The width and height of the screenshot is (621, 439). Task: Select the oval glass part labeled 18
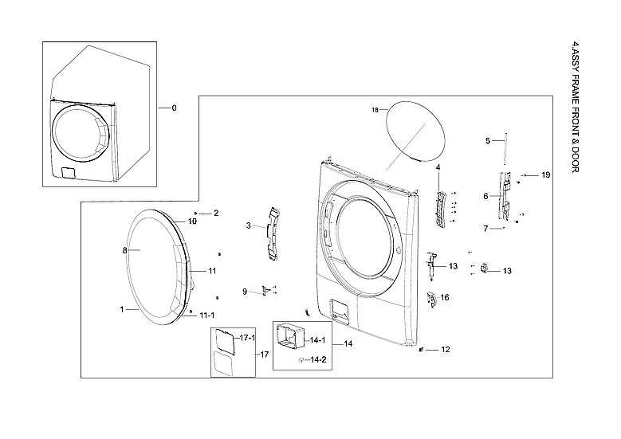[415, 133]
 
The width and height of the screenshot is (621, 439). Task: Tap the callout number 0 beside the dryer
[174, 108]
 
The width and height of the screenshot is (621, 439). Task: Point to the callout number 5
[488, 141]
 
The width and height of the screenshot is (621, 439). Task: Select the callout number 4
[438, 167]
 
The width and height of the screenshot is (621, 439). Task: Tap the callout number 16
[445, 297]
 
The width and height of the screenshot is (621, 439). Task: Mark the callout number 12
[446, 350]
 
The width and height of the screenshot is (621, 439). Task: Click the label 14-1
[318, 340]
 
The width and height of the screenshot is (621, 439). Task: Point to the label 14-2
[318, 360]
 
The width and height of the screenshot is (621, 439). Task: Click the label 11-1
[206, 315]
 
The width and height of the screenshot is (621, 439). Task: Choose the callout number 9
[246, 292]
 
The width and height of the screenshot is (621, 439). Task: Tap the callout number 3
[249, 226]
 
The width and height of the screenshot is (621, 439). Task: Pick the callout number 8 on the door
[125, 250]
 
